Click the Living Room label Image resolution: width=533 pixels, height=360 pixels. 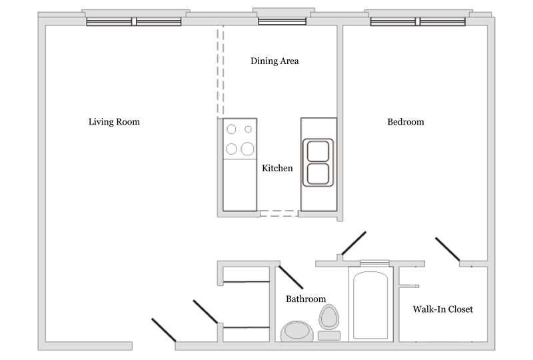pos(114,122)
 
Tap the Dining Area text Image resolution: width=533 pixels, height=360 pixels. pos(274,61)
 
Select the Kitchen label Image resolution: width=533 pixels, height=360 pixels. pos(277,168)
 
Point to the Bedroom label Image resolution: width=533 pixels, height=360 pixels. pos(406,122)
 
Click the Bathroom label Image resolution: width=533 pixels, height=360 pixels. pos(306,299)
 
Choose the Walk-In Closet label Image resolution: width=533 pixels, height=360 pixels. pos(442,309)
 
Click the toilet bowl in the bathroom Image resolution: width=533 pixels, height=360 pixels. pos(328,317)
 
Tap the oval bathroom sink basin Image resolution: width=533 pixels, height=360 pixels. pos(297,331)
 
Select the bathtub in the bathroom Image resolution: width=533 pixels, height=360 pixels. pos(370,305)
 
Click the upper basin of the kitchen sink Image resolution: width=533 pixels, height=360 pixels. pos(318,151)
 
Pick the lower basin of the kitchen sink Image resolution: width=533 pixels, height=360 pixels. pos(318,174)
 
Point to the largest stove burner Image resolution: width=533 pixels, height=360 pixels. pos(247,149)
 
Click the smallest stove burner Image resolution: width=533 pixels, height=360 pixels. pos(248,129)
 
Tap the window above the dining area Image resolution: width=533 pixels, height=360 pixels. pos(282,21)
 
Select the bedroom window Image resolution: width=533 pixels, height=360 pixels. pos(418,22)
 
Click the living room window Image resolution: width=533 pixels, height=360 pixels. pos(134,22)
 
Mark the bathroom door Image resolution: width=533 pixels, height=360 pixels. pos(291,277)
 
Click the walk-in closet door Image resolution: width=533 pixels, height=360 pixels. pos(448,249)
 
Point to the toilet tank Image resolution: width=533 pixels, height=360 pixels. pos(329,335)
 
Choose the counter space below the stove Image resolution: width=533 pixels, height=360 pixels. pos(240,185)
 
